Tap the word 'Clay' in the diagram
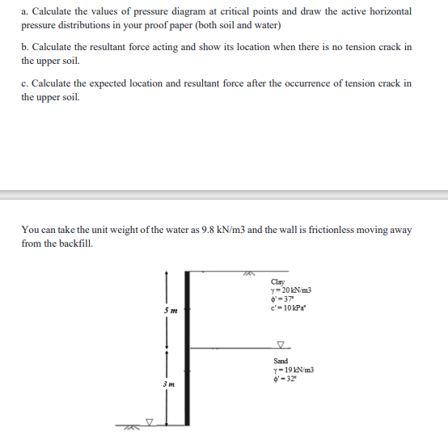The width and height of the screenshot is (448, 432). pyautogui.click(x=279, y=282)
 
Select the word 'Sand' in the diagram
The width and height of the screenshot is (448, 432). pyautogui.click(x=281, y=361)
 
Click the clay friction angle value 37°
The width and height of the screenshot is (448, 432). pyautogui.click(x=285, y=297)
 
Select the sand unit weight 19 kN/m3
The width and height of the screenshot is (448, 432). pyautogui.click(x=293, y=369)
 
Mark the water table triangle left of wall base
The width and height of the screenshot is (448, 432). pyautogui.click(x=149, y=421)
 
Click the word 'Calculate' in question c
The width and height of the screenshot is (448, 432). pyautogui.click(x=52, y=83)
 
